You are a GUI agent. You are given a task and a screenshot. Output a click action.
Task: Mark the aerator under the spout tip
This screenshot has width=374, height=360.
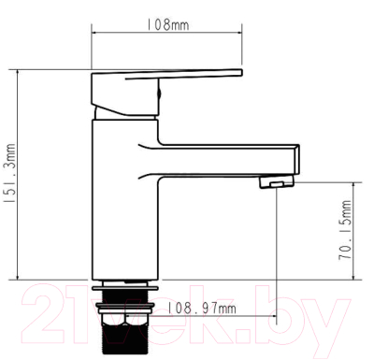pos(275,184)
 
